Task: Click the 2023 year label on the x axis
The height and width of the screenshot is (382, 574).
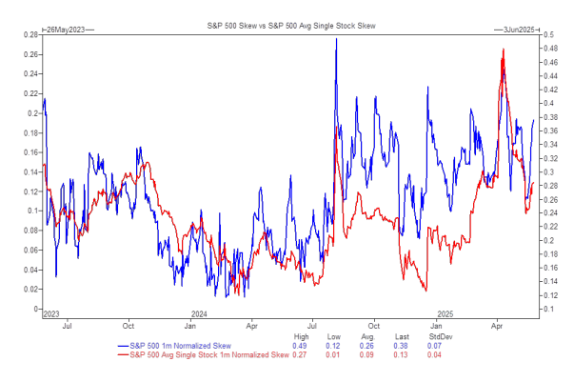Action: (x=51, y=312)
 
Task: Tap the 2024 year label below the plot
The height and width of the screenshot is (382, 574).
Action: (x=200, y=312)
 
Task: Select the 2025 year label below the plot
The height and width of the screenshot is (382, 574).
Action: (x=445, y=312)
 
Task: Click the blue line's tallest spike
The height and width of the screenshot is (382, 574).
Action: (x=337, y=40)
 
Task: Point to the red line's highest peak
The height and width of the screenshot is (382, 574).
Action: (x=502, y=50)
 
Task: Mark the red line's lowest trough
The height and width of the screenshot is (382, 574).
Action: (x=425, y=291)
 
